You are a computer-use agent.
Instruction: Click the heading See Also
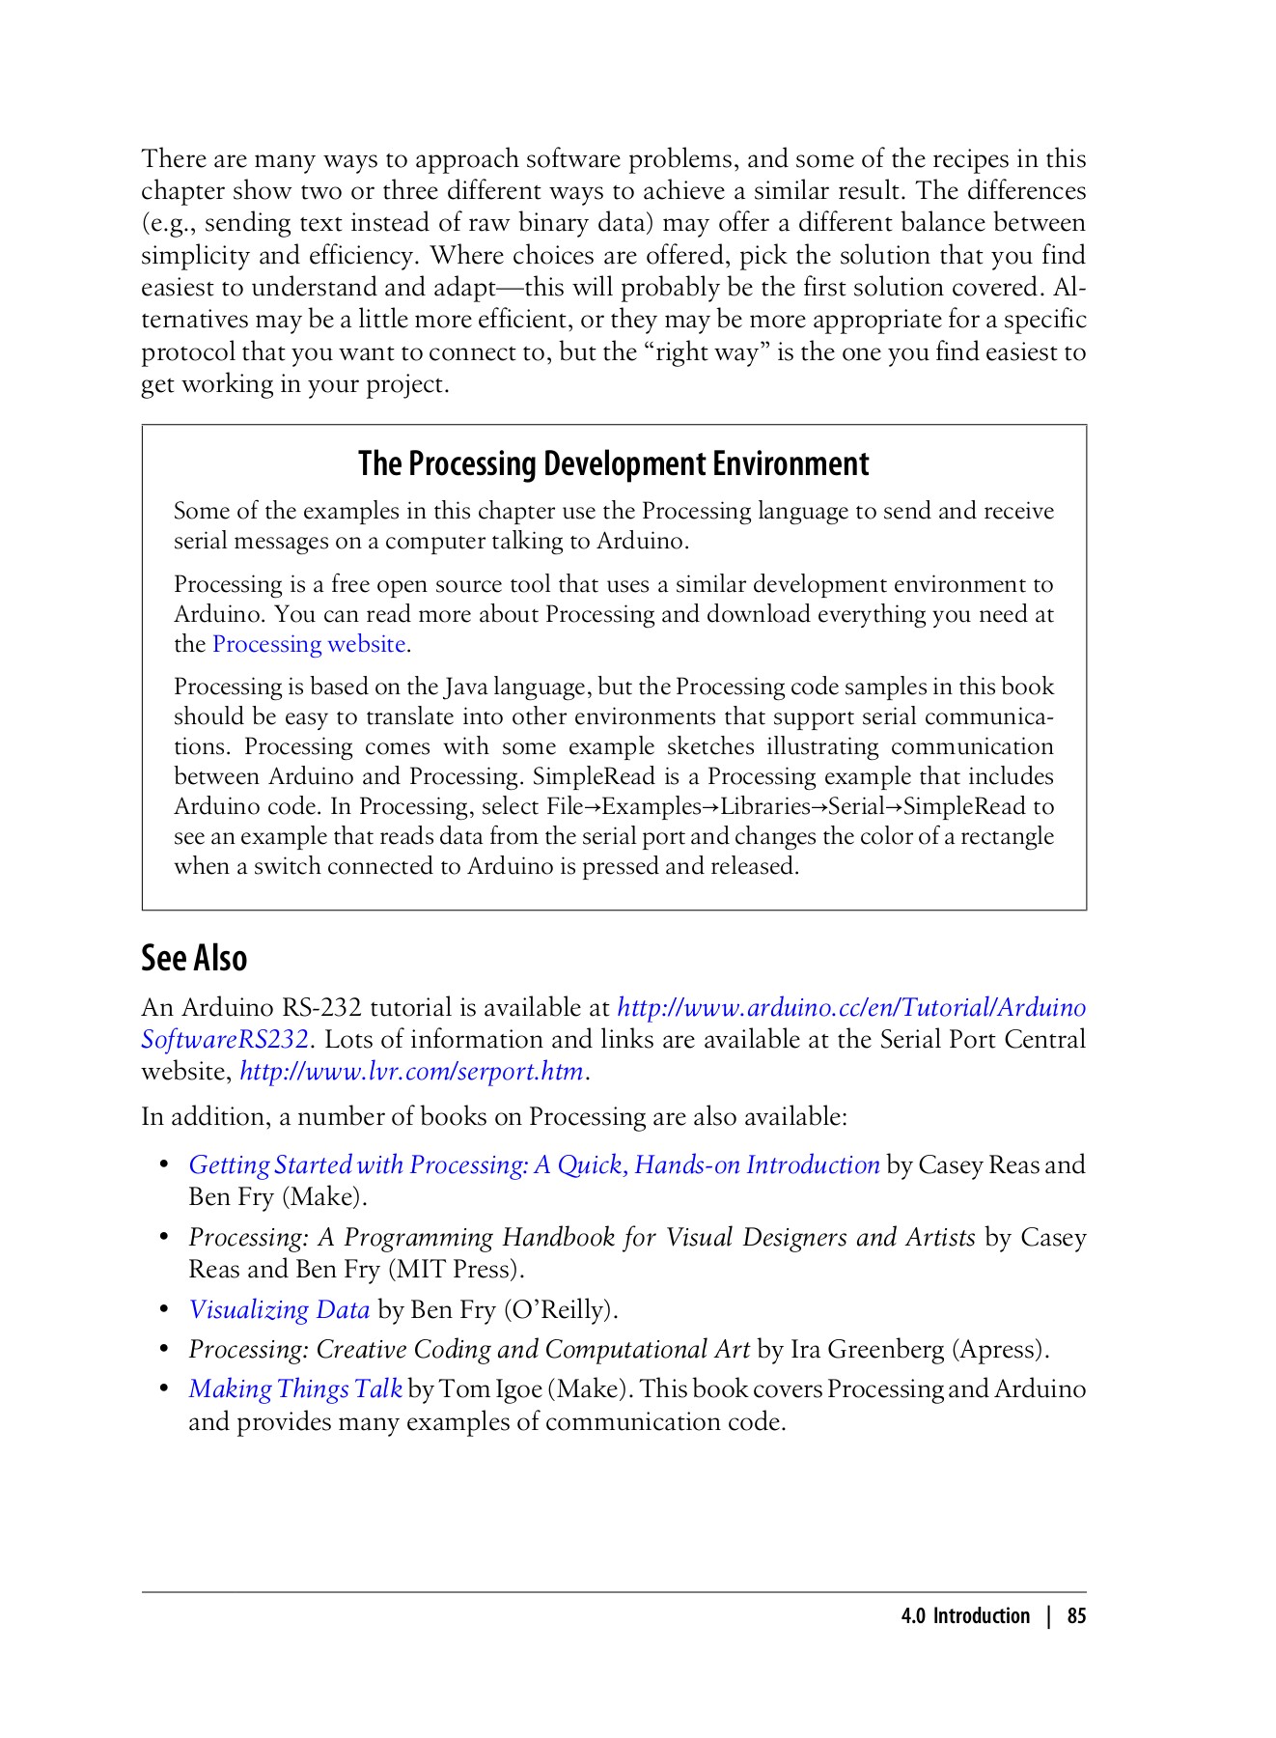[x=194, y=958]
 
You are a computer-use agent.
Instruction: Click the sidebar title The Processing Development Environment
[x=613, y=463]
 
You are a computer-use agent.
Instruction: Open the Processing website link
[x=309, y=644]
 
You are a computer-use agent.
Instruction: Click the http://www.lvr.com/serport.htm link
[x=411, y=1072]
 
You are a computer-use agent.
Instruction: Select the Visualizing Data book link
[x=279, y=1309]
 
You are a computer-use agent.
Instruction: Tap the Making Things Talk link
[x=294, y=1388]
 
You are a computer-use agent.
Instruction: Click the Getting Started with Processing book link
[x=534, y=1164]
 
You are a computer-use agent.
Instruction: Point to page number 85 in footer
[x=1076, y=1616]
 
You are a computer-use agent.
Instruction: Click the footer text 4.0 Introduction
[x=965, y=1616]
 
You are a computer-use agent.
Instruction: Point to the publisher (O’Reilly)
[x=561, y=1309]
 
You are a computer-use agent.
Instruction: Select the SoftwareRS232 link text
[x=225, y=1040]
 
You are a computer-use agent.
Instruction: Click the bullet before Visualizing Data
[x=165, y=1309]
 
